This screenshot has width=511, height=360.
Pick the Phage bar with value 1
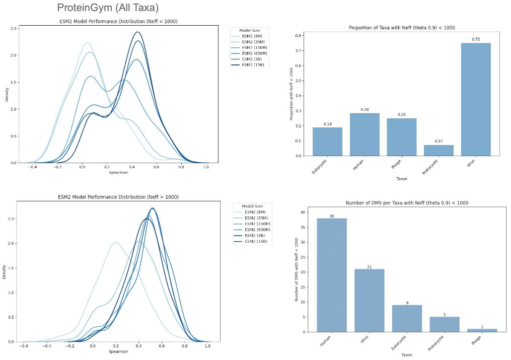click(482, 330)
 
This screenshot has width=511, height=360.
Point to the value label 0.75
click(475, 39)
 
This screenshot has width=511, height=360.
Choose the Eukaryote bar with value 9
click(407, 318)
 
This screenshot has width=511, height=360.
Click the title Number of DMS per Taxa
click(401, 203)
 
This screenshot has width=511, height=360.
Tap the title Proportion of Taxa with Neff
click(402, 28)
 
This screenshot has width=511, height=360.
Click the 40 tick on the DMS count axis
click(302, 212)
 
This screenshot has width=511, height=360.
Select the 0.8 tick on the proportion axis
click(299, 36)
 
